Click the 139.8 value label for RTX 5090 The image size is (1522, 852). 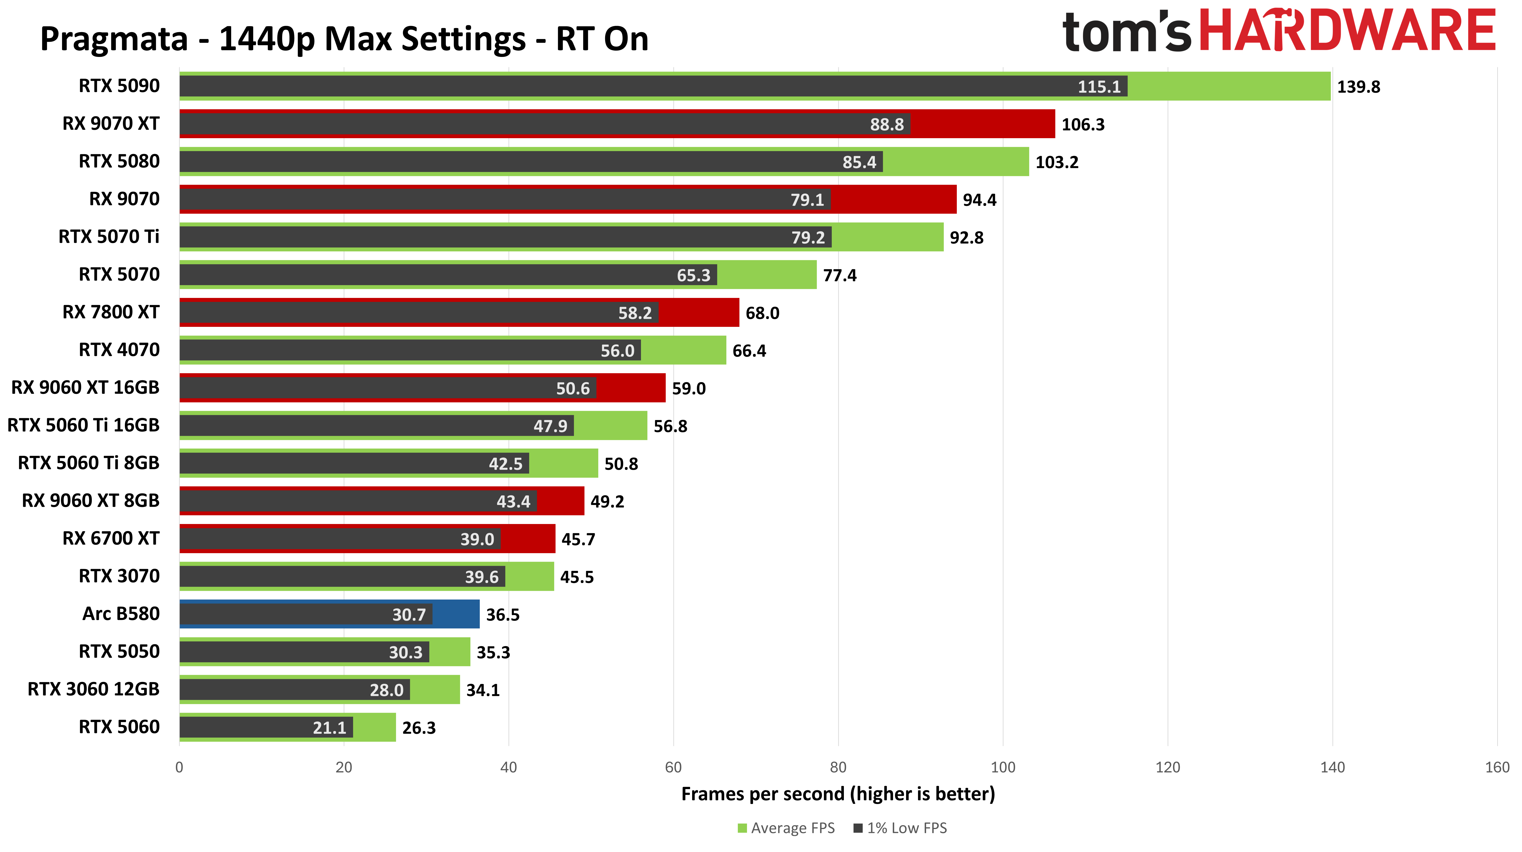pos(1358,87)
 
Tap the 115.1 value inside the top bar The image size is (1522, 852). pos(1098,87)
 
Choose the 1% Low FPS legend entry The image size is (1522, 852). pos(900,828)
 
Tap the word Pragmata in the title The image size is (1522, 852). pos(113,39)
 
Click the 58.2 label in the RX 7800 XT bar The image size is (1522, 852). pos(635,313)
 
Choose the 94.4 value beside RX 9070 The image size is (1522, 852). pos(979,200)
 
